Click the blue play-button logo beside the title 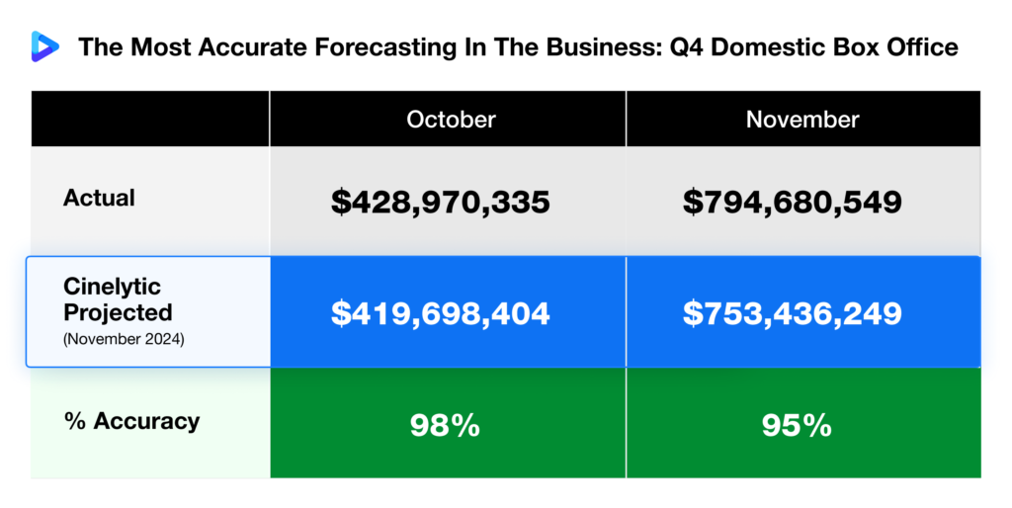(44, 45)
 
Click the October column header (451, 120)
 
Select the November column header (802, 120)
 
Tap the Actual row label (99, 198)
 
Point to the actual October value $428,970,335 (440, 203)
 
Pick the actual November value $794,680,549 (792, 203)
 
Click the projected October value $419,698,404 (440, 313)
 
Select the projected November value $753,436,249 (792, 313)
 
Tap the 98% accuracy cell (445, 425)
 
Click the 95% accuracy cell (797, 425)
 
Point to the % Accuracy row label (131, 421)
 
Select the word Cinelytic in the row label (112, 287)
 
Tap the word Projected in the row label (118, 312)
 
